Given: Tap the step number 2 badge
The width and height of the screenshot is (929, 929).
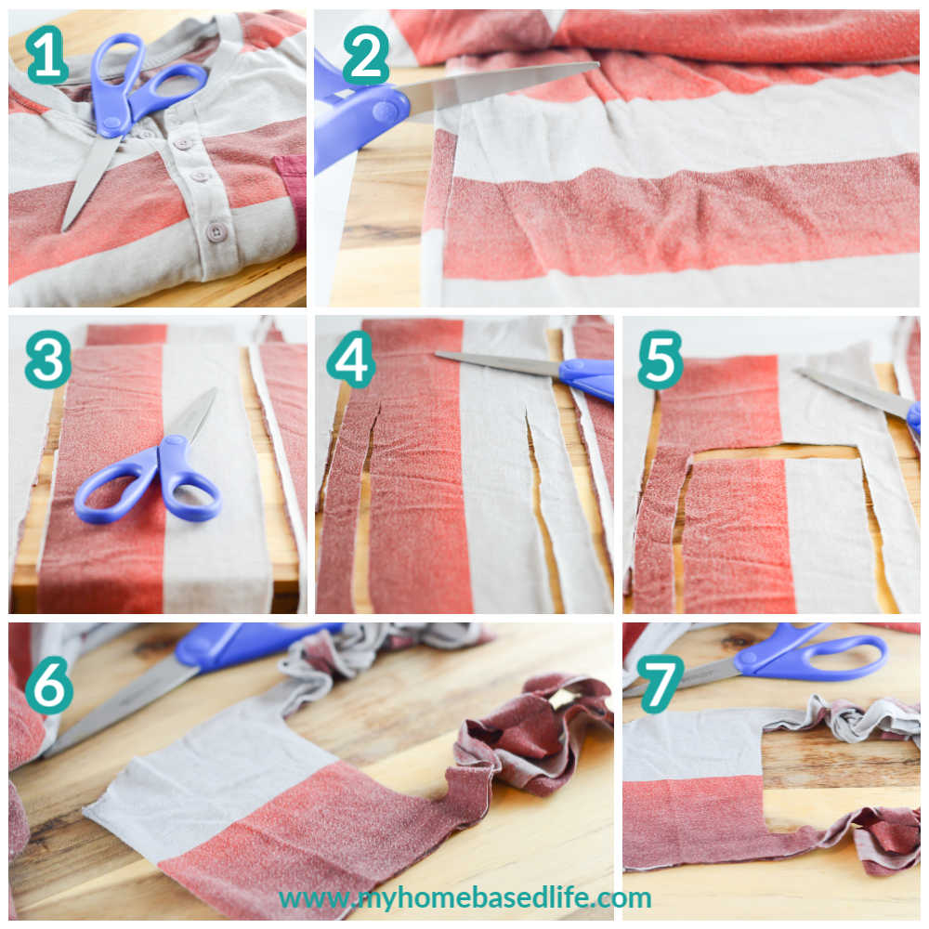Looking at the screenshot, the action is (x=366, y=55).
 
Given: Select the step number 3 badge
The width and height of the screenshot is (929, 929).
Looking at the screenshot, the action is (x=48, y=360).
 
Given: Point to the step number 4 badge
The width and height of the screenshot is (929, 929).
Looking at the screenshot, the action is (x=351, y=360).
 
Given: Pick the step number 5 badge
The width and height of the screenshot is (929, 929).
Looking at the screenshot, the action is (x=660, y=360).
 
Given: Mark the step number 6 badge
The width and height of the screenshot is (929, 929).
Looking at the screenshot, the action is (x=50, y=687).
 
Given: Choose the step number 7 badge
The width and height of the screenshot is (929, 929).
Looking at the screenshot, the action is (x=660, y=687).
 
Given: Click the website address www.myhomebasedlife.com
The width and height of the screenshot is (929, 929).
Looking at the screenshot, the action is (x=465, y=898).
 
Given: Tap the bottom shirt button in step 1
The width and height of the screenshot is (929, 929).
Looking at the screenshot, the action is (x=216, y=231).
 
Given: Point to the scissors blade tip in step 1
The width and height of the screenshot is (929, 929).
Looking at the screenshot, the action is (x=64, y=229).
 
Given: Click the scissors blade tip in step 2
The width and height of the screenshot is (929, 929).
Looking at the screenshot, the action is (x=597, y=64).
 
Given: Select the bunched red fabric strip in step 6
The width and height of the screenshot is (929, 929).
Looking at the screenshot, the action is (x=533, y=735).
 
